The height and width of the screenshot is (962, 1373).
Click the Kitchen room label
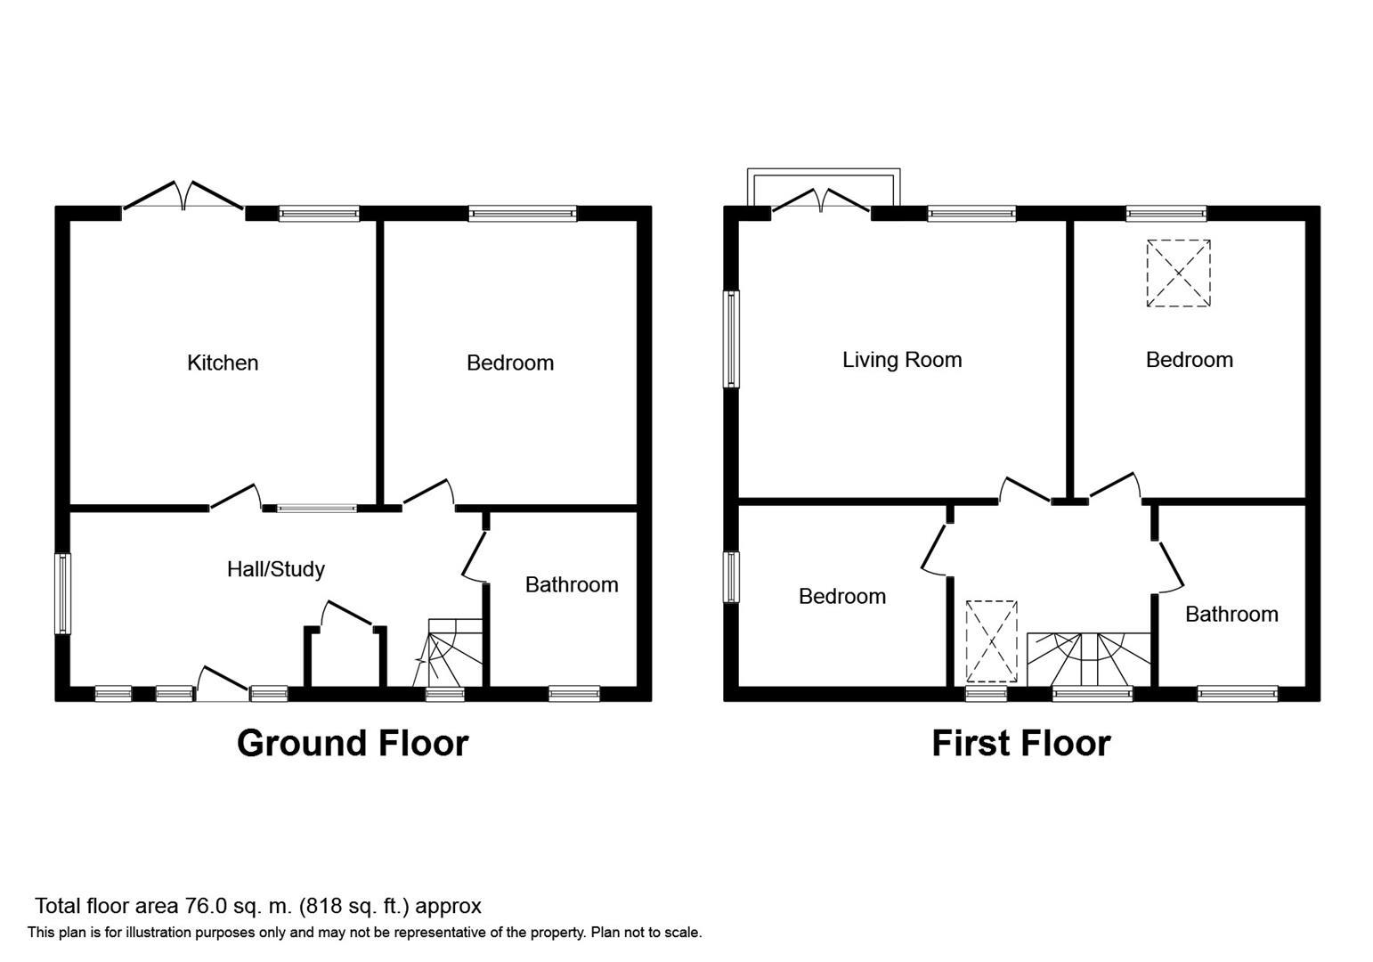pyautogui.click(x=223, y=363)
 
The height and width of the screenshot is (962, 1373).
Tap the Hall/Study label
pyautogui.click(x=276, y=569)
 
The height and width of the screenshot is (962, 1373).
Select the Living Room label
pyautogui.click(x=902, y=360)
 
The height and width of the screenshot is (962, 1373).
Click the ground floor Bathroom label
pyautogui.click(x=572, y=584)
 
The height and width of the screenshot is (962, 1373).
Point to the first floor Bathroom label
pyautogui.click(x=1231, y=614)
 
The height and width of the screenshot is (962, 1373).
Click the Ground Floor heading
pyautogui.click(x=353, y=743)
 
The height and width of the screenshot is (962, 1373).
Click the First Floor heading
pyautogui.click(x=1021, y=743)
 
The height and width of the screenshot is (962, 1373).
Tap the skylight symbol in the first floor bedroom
pyautogui.click(x=1178, y=273)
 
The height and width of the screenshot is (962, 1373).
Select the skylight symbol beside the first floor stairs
pyautogui.click(x=991, y=641)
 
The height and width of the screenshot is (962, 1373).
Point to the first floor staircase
pyautogui.click(x=1089, y=658)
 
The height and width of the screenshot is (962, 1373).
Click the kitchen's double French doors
pyautogui.click(x=183, y=197)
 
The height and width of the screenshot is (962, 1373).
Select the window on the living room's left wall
pyautogui.click(x=731, y=339)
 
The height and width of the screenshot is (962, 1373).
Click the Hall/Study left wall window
pyautogui.click(x=62, y=594)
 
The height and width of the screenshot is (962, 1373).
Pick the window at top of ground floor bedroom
pyautogui.click(x=523, y=214)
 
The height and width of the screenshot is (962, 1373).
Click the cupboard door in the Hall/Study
pyautogui.click(x=348, y=614)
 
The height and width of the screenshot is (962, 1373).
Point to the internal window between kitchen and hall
pyautogui.click(x=316, y=509)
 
